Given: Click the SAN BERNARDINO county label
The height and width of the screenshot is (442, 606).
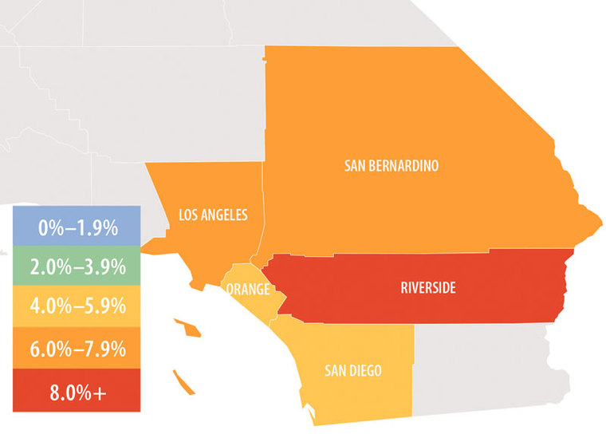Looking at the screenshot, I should coord(392,166).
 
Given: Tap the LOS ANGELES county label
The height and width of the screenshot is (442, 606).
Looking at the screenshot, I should coord(213,215).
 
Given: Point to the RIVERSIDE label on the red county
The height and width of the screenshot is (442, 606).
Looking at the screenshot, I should coord(428,288).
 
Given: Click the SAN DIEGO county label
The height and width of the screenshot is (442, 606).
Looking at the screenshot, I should coord(352,370).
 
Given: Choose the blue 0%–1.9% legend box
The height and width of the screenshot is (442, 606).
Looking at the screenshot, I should coord(77,227).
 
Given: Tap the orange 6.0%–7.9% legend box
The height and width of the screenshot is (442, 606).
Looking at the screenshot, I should coord(77,349).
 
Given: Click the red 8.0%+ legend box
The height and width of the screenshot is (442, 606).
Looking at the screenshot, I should coord(77,390).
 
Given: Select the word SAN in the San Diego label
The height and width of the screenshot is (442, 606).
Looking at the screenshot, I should coord(334,370).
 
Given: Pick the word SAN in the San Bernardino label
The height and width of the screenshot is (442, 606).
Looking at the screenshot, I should coord(355,166).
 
